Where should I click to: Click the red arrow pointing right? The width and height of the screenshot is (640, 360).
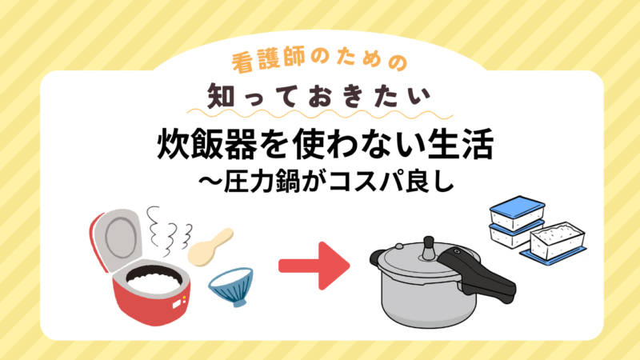click(x=314, y=266)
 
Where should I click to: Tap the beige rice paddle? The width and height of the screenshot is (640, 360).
click(x=210, y=247)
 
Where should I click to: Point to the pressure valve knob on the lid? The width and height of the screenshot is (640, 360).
click(x=429, y=248)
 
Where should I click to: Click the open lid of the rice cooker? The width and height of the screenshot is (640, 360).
click(x=116, y=238)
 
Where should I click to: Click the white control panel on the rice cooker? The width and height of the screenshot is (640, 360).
click(x=178, y=303)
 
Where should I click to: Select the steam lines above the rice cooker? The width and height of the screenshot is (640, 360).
click(x=168, y=230)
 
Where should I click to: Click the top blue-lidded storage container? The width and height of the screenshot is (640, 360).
click(x=517, y=213)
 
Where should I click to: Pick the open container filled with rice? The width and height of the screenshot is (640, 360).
click(x=558, y=241)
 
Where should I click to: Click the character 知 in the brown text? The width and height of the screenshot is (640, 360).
click(x=221, y=96)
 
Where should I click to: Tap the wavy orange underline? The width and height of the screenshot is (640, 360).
click(x=320, y=114)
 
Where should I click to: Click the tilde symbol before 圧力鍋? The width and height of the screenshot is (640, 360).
click(x=210, y=181)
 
